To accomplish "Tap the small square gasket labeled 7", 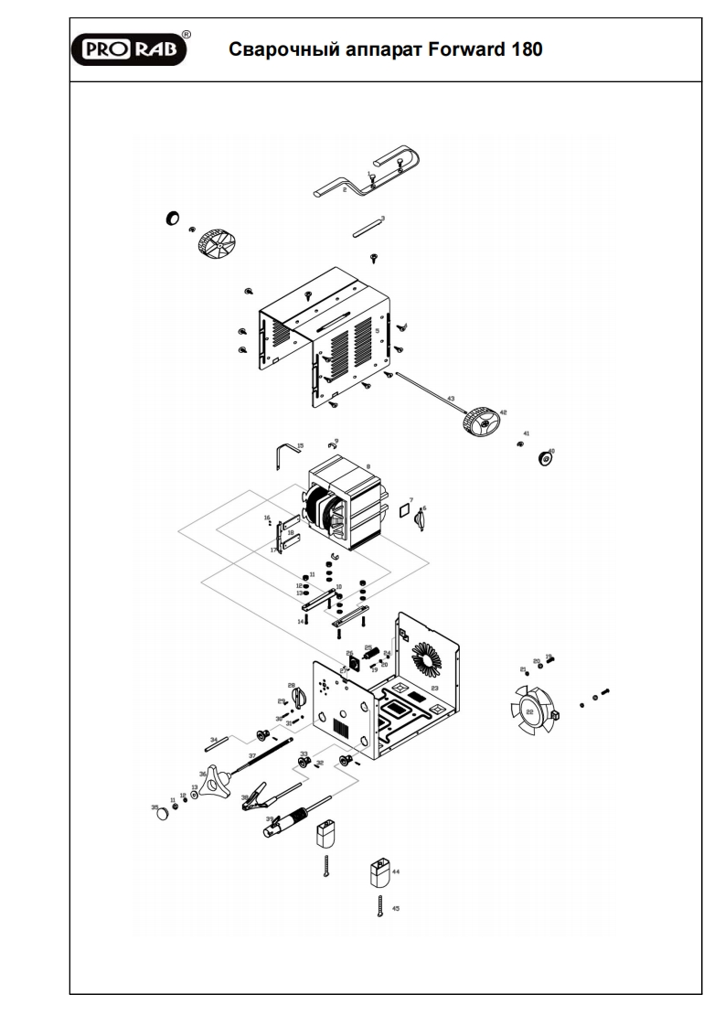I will (x=402, y=508).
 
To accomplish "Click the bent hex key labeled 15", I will (x=287, y=454).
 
